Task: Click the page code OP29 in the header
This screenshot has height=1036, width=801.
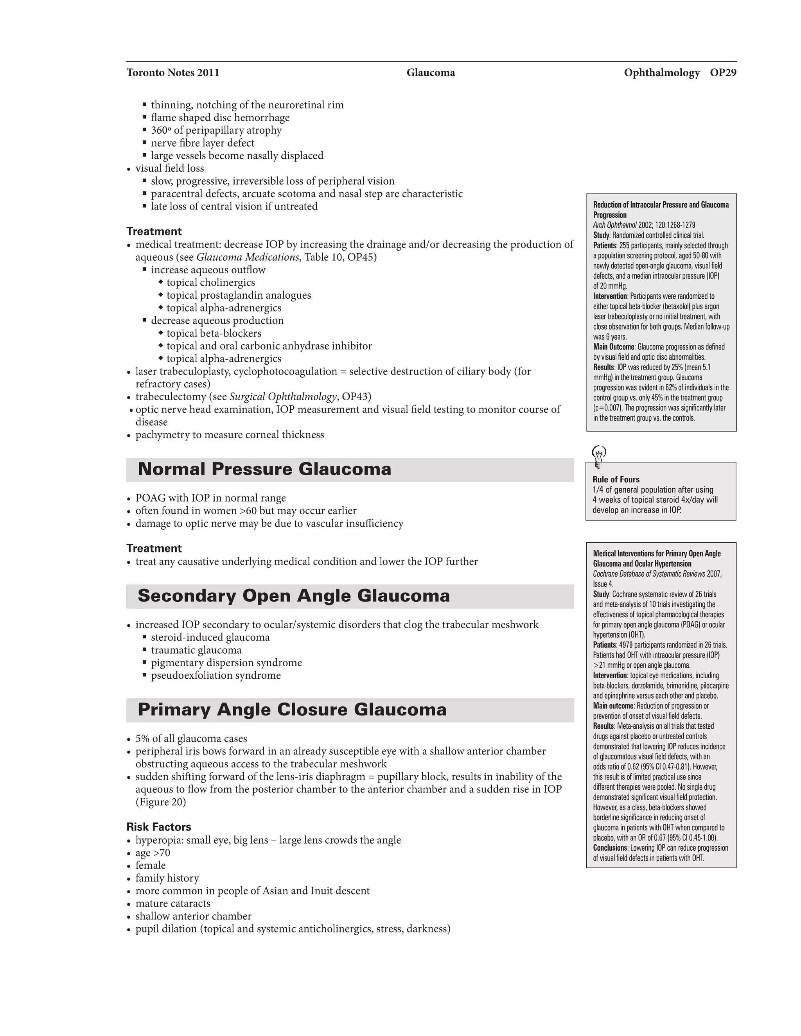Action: (723, 73)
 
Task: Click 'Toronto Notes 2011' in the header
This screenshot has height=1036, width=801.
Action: (173, 73)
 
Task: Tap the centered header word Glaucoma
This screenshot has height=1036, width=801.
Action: (430, 73)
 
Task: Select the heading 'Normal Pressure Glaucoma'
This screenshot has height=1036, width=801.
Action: (264, 469)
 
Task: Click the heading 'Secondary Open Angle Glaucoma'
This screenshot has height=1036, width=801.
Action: (293, 596)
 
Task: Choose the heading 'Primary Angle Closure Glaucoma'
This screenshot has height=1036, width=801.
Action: (292, 710)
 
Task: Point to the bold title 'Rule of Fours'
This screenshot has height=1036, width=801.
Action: (616, 479)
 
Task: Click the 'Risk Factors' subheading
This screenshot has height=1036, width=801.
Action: (158, 827)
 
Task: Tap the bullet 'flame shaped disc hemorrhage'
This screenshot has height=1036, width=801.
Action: (220, 118)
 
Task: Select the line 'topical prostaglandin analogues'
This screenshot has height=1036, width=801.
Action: (239, 295)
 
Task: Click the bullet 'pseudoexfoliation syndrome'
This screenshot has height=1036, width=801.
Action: (216, 676)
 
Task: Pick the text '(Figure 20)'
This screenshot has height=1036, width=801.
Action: (161, 802)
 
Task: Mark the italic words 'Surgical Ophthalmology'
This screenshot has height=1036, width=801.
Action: (283, 396)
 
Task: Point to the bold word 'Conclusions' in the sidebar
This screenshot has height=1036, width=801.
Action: (610, 848)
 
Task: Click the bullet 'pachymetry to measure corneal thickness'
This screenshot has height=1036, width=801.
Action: (230, 435)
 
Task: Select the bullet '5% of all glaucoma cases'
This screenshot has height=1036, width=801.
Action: (191, 738)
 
